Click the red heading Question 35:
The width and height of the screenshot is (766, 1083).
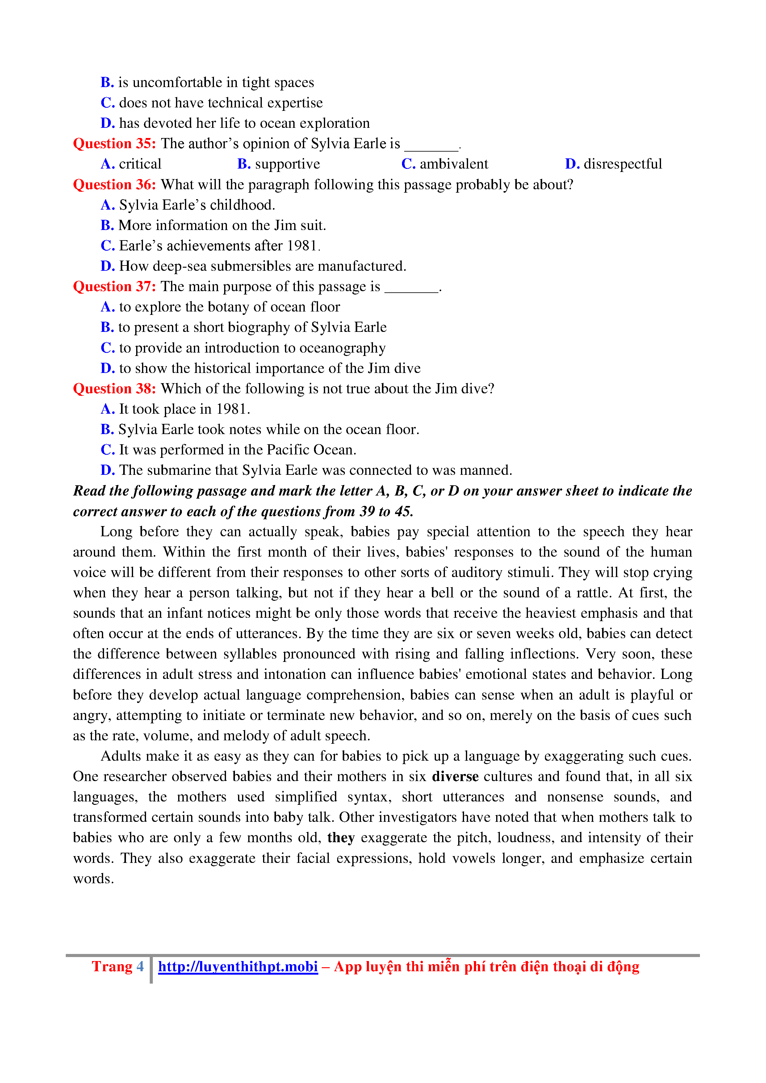[114, 143]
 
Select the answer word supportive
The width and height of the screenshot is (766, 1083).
[287, 164]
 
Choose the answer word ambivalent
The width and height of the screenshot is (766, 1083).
[454, 164]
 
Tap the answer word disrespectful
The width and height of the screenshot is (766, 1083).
[623, 164]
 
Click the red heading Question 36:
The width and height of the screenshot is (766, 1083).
[114, 184]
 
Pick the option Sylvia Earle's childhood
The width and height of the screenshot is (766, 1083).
[197, 205]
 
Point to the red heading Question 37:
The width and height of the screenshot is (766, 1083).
[114, 286]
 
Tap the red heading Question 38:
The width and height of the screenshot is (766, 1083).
[114, 389]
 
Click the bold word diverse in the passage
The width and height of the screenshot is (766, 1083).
[455, 776]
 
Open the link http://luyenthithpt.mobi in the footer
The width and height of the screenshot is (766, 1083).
[238, 967]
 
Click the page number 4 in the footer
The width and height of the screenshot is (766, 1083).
[140, 967]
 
